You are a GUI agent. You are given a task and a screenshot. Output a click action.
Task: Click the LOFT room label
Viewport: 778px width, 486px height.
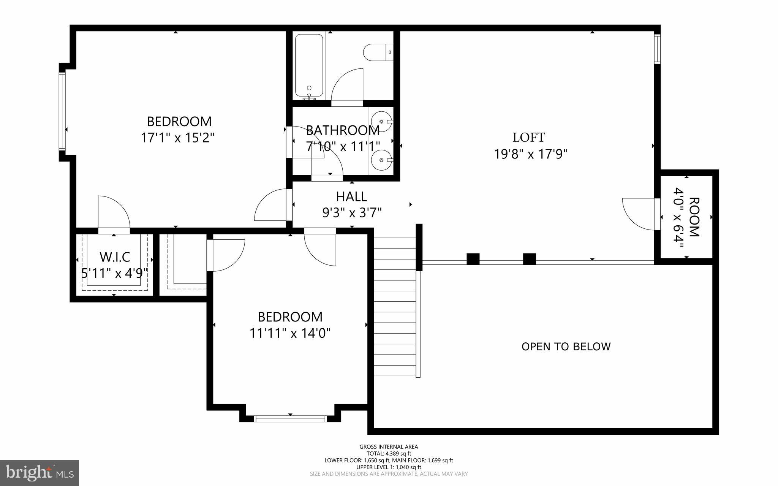529,137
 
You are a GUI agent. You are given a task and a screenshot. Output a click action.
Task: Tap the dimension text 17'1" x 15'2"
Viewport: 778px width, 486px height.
178,138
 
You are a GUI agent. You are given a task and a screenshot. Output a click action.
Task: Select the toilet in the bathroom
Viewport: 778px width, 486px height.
378,52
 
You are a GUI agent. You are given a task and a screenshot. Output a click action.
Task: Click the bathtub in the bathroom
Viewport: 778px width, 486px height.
309,66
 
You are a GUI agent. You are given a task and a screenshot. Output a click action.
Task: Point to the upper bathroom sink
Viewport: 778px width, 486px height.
381,121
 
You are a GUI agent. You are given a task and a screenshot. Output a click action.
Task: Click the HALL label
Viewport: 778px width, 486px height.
351,196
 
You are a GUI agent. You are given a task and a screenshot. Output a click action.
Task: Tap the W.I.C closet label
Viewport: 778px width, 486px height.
115,257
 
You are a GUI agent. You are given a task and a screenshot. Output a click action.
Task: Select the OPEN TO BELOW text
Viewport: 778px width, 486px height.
566,347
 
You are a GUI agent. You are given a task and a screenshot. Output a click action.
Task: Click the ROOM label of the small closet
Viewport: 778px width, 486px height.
694,217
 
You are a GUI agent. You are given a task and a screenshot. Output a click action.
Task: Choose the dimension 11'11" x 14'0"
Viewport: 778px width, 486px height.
290,334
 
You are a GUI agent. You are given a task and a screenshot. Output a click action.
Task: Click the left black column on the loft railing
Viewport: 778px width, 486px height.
473,259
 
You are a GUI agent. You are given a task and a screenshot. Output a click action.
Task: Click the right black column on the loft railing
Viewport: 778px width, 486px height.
529,259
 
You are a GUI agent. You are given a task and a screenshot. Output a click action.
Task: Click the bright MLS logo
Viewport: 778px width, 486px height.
40,473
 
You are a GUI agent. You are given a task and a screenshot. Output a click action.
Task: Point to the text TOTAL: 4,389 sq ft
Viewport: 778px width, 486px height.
389,454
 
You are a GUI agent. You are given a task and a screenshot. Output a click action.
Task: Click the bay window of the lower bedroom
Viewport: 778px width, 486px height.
290,419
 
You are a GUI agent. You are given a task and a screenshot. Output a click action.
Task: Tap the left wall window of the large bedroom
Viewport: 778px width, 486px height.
62,111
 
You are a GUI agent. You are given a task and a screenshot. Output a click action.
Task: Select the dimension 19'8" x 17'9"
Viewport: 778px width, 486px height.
531,154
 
